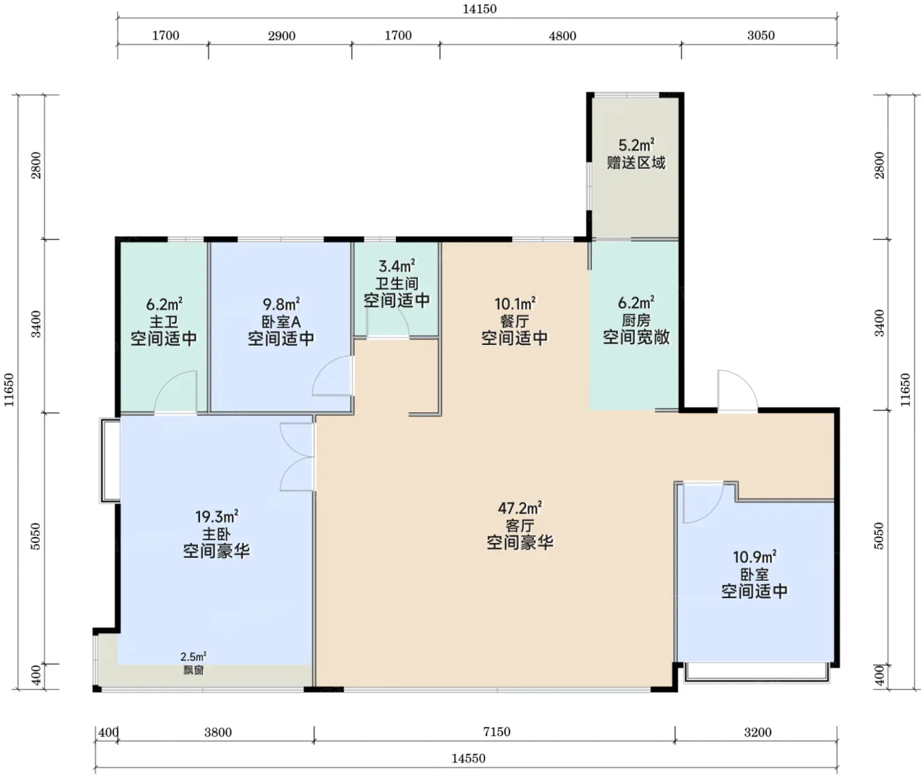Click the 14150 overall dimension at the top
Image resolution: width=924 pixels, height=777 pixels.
tap(479, 9)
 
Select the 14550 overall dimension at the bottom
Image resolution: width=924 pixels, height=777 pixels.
tap(468, 759)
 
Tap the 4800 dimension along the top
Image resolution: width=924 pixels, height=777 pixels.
tap(562, 36)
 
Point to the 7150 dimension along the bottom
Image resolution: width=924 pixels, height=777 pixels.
tap(496, 732)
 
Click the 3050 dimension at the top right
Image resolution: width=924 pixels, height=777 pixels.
tap(761, 36)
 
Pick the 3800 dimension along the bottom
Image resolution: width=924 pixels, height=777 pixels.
tap(218, 732)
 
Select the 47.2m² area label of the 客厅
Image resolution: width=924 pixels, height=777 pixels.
tap(520, 508)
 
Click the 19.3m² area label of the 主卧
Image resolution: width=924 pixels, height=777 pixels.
tap(217, 516)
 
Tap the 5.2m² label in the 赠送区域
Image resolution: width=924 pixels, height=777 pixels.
tap(636, 145)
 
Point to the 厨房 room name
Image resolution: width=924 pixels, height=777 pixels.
tap(636, 320)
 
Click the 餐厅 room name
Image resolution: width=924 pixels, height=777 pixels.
tap(515, 321)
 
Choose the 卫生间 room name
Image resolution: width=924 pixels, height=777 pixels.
tap(397, 284)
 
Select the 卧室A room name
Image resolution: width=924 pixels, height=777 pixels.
tap(281, 321)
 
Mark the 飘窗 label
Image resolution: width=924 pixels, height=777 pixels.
tap(193, 670)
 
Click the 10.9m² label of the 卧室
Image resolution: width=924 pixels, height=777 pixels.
tap(754, 556)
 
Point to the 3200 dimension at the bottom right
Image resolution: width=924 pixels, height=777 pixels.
tap(758, 732)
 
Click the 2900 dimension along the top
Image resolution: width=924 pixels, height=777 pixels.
tap(281, 36)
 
